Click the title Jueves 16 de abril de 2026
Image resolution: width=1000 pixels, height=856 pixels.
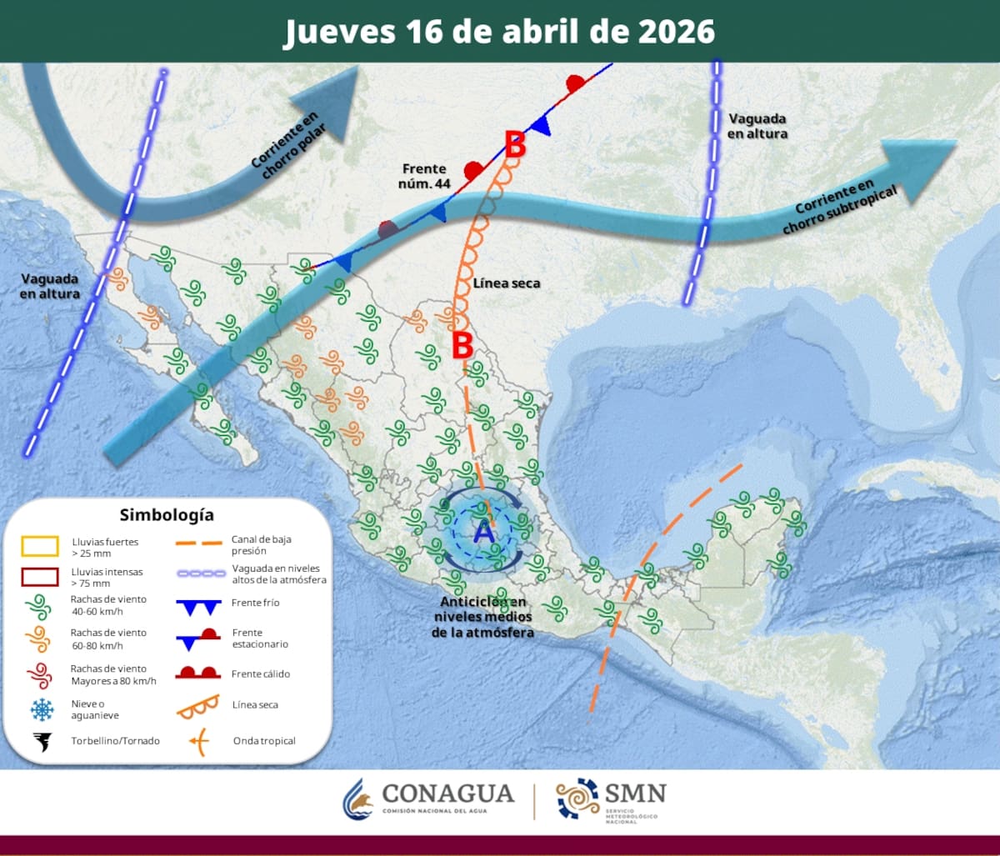pos(499,31)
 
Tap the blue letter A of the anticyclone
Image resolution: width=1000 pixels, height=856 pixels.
pos(483,530)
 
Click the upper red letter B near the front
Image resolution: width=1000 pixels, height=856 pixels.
pos(516,145)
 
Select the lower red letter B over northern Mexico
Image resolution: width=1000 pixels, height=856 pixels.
pos(462,345)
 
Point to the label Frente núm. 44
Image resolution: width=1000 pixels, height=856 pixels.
pos(424,176)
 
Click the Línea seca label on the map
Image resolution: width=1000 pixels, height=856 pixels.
pos(507,283)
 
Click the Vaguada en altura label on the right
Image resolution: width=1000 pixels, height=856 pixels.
pos(757,126)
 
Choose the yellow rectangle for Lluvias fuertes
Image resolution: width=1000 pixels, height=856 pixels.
pos(40,547)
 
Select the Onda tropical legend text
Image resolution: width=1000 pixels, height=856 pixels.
pos(264,741)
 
